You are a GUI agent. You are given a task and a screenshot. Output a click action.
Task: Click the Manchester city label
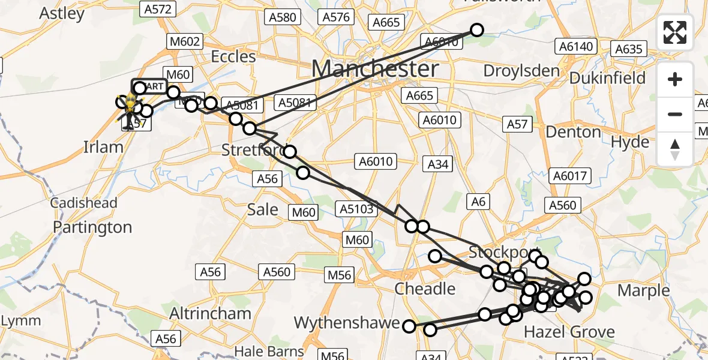(x=374, y=69)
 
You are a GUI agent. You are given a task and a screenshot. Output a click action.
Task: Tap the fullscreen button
(x=675, y=32)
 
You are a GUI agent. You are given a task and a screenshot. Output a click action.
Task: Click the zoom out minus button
(x=675, y=114)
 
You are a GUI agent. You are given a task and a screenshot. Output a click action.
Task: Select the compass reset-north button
(x=675, y=149)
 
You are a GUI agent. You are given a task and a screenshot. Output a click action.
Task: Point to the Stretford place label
(x=251, y=149)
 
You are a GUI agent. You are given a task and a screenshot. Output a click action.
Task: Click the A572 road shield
(x=158, y=8)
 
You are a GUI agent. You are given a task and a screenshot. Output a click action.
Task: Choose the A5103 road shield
(x=357, y=209)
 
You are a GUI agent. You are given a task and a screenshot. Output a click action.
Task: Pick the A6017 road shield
(x=572, y=176)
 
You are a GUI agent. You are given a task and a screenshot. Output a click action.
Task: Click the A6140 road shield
(x=575, y=46)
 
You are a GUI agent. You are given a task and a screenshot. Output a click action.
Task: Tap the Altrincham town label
(x=210, y=313)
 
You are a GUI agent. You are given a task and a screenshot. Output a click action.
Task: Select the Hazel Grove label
(x=569, y=332)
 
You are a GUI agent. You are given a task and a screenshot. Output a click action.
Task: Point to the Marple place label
(x=643, y=291)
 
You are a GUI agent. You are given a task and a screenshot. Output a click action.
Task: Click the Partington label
(x=92, y=227)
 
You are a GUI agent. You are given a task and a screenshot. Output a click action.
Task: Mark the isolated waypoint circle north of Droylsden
(x=476, y=30)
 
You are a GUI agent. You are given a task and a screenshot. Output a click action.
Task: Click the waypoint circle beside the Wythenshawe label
(x=409, y=326)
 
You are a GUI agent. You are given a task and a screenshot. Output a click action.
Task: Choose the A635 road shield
(x=629, y=49)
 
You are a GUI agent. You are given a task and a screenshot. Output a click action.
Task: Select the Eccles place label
(x=233, y=57)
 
